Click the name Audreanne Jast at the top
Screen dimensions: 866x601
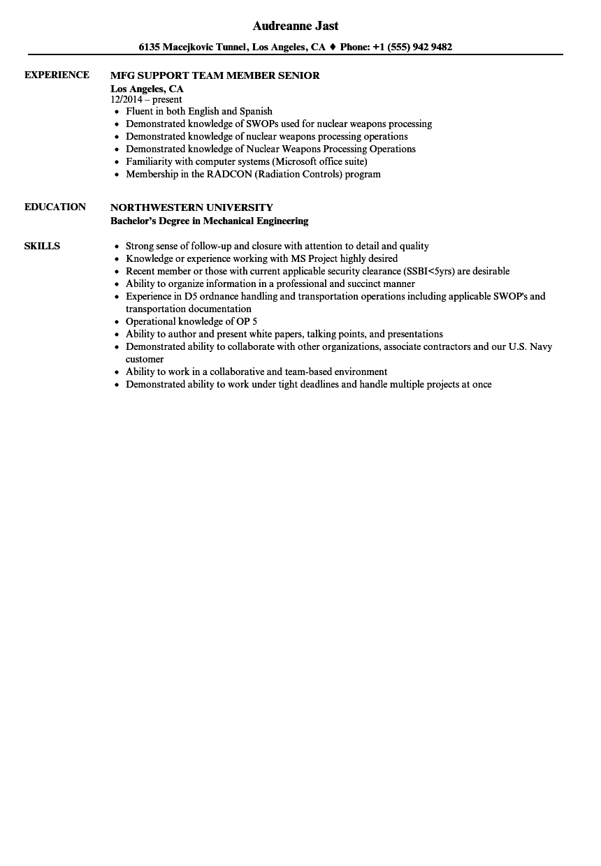296,26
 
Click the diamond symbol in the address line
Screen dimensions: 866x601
333,47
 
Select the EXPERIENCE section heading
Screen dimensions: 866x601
57,75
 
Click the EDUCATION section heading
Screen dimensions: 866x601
55,207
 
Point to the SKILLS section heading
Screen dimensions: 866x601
42,246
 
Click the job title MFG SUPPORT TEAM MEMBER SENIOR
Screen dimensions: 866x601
215,75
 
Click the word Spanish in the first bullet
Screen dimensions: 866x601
256,111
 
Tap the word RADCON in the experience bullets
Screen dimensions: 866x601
223,174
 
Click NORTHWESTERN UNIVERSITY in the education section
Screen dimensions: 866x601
191,207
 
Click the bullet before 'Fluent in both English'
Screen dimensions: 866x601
117,112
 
